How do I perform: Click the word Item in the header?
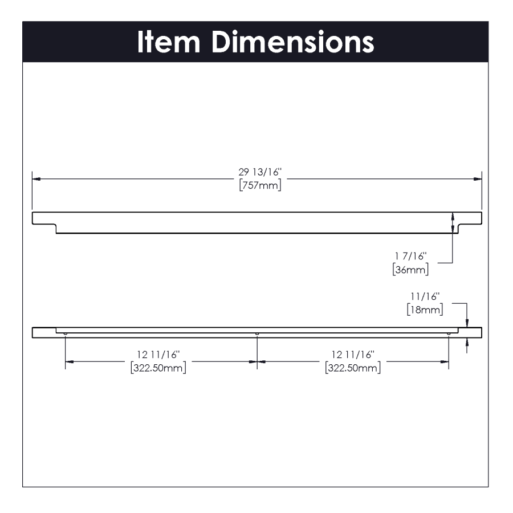point(169,42)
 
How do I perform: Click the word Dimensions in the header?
point(292,42)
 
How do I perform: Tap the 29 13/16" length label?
point(260,172)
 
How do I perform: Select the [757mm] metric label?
point(260,185)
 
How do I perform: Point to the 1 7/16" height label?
point(410,256)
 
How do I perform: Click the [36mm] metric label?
point(410,270)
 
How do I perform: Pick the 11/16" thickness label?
point(425,296)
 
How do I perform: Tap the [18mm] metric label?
point(425,310)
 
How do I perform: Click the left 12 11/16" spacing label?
point(158,355)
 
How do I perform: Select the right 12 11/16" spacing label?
point(353,355)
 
